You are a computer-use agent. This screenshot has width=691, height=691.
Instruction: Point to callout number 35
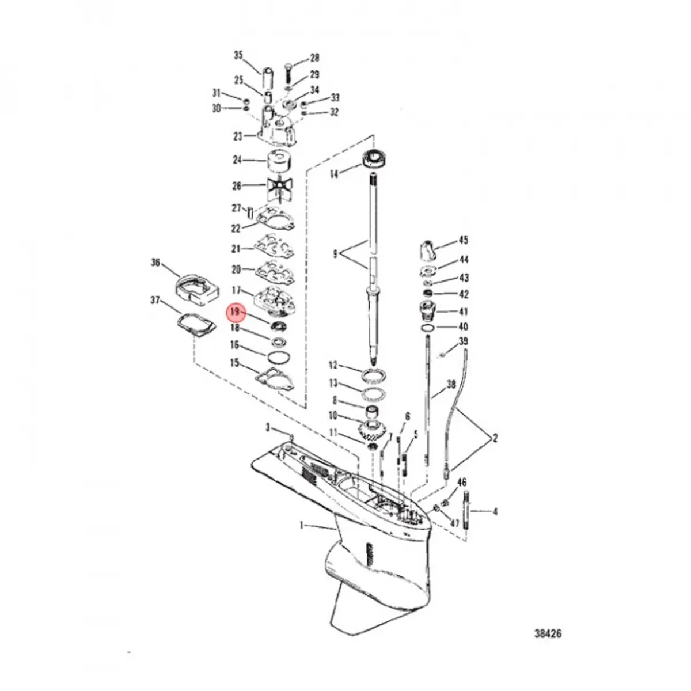click(238, 55)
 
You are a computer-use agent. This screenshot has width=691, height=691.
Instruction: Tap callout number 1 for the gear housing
click(302, 525)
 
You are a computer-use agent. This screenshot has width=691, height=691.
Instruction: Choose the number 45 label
click(464, 240)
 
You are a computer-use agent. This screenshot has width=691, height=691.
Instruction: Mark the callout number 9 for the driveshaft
click(335, 253)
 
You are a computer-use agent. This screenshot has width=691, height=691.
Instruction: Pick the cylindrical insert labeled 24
click(280, 161)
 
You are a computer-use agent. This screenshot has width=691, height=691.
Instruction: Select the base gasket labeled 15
click(275, 379)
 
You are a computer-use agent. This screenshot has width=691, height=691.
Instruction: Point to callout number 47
click(455, 523)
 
